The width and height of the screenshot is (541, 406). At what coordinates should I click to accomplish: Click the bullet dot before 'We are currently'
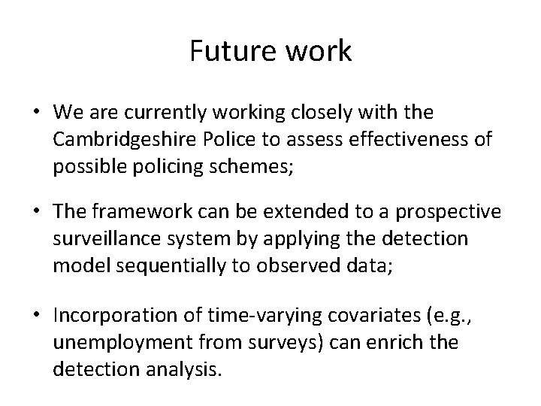coord(36,113)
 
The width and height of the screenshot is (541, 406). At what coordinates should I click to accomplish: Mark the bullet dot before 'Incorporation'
coord(36,314)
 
